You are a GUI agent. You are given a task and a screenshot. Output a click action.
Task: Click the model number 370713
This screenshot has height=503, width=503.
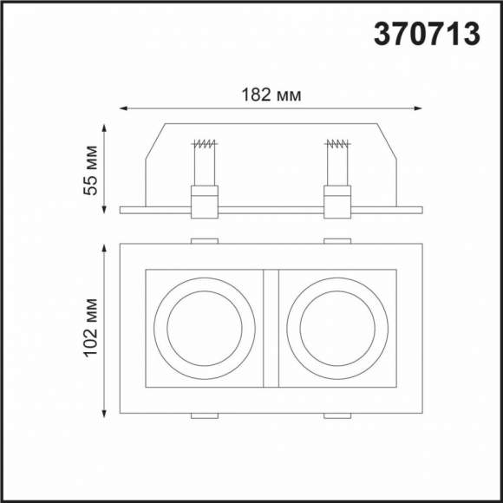coord(427,34)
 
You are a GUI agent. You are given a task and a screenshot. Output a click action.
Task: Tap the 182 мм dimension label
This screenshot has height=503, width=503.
coord(271,95)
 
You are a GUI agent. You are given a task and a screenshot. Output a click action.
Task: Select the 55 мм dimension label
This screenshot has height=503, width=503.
coord(90,170)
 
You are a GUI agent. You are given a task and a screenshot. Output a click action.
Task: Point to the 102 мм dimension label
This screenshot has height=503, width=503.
coord(90,328)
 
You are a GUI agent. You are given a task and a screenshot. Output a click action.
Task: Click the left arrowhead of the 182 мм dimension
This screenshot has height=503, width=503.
coord(123,108)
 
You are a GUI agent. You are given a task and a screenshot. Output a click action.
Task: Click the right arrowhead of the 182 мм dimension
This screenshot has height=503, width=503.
coord(418,108)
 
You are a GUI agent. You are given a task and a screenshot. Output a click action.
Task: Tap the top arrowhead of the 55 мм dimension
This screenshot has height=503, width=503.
coord(104,128)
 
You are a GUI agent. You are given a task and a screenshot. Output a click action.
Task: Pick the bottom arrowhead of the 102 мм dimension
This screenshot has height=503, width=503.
coord(104,414)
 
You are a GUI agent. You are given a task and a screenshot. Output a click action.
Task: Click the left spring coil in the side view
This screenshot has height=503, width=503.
coord(205,144)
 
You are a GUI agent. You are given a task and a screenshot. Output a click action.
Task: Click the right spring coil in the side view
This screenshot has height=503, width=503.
coord(337,144)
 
